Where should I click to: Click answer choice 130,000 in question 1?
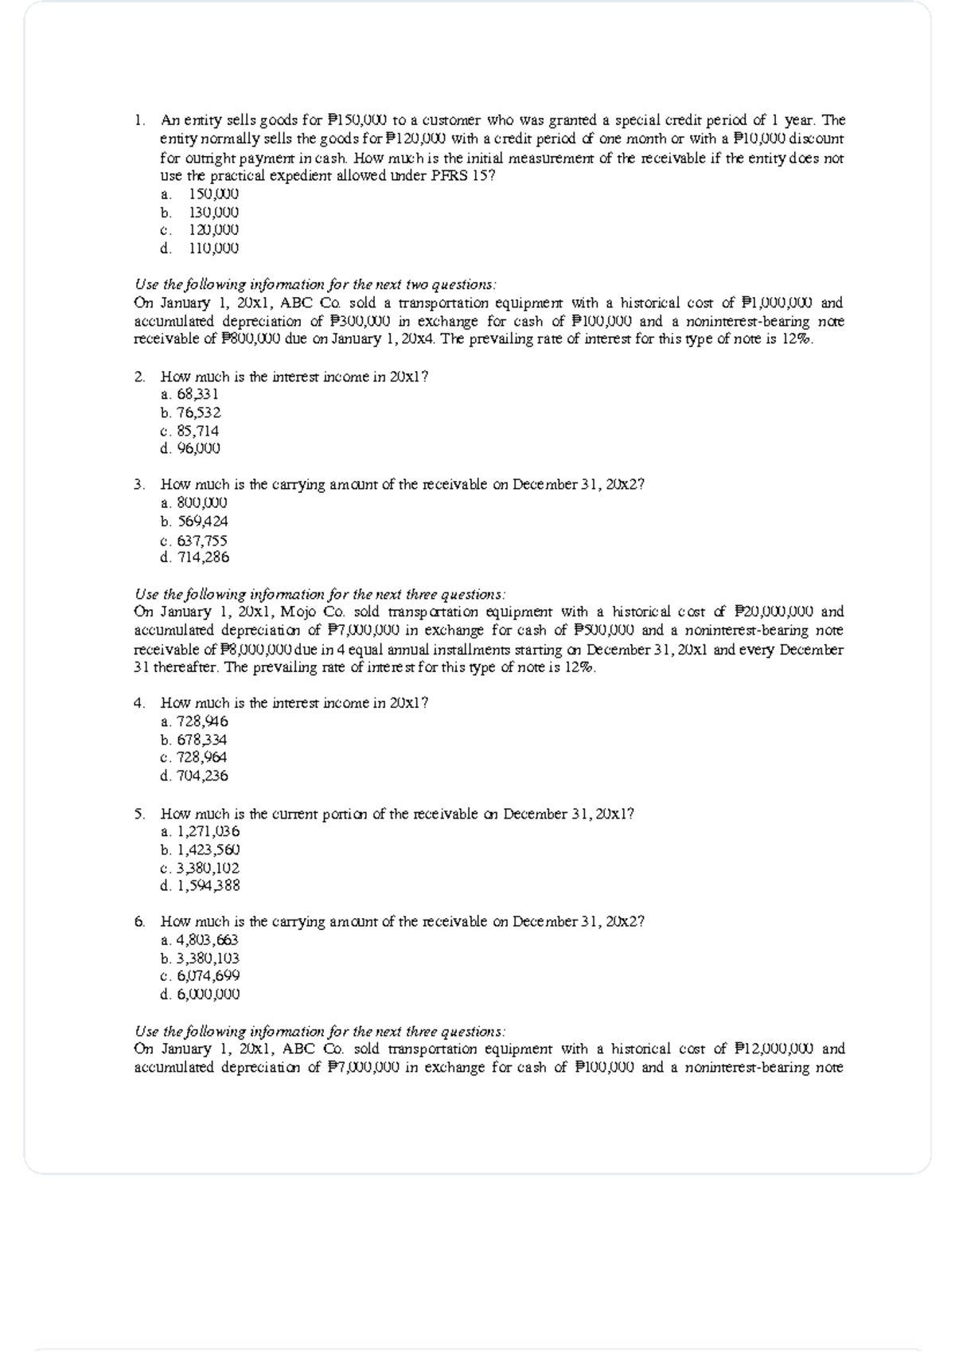click(x=212, y=213)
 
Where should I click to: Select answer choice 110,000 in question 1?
click(x=212, y=248)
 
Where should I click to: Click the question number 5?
click(x=139, y=814)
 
